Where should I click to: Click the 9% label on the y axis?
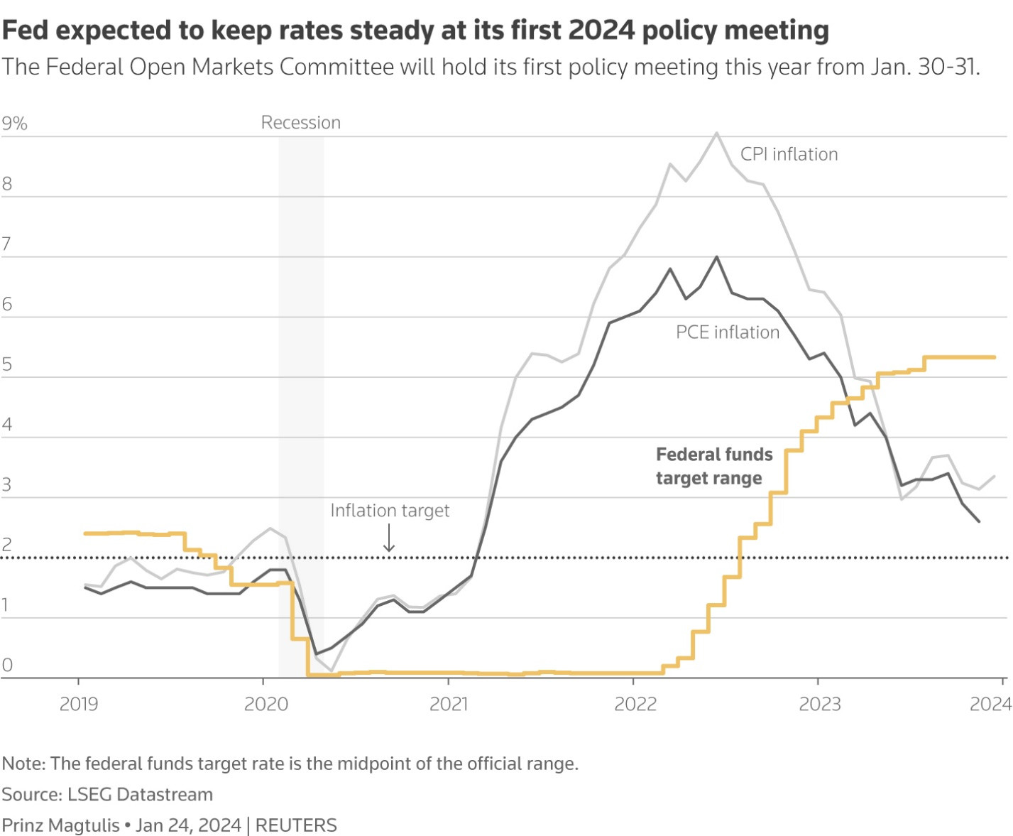coord(14,124)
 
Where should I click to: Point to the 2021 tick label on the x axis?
coord(449,704)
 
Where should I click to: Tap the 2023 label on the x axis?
coord(819,704)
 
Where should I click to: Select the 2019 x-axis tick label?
coord(79,704)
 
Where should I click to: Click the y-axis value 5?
coord(7,364)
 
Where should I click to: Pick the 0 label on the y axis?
coord(7,665)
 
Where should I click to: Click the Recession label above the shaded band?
coord(301,123)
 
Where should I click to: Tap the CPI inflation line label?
coord(789,154)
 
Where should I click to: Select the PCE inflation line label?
coord(727,332)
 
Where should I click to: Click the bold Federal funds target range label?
coord(713,466)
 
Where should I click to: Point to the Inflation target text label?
coord(390,510)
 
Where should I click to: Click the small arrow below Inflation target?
coord(389,539)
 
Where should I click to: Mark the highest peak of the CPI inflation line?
coord(717,133)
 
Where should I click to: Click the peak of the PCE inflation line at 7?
coord(717,257)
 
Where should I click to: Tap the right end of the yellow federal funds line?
coord(994,357)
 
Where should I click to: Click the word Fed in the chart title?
coord(26,30)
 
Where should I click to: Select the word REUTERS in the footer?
coord(296,825)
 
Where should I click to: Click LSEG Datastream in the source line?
coord(140,794)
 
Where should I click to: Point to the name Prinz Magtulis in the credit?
coord(61,825)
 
